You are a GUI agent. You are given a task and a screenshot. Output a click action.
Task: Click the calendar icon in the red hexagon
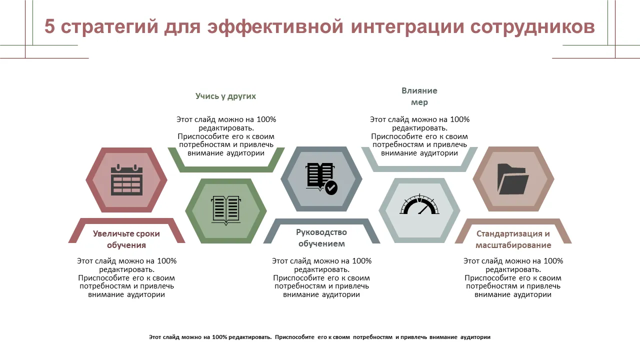point(126,179)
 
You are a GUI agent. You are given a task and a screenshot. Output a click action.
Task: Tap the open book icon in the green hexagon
point(225,210)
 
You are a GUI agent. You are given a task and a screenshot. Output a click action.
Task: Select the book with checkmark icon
point(321,178)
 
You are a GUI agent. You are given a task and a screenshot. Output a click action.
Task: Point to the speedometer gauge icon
point(419,204)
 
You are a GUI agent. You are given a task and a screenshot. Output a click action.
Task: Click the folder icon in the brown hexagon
point(513,179)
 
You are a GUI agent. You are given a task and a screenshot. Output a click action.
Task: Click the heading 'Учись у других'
point(225,96)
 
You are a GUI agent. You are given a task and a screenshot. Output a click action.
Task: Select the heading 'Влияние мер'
point(419,96)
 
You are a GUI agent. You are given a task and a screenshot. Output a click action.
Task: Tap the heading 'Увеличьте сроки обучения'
point(126,239)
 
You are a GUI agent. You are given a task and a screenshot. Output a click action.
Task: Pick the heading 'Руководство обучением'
point(321,238)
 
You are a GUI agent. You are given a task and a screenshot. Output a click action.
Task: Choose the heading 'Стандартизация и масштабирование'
point(513,239)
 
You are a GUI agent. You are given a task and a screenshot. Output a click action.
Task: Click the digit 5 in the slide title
point(49,26)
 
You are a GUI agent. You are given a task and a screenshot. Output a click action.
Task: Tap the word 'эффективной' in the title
point(275,26)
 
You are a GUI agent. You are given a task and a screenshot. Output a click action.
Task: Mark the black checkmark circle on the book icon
point(331,188)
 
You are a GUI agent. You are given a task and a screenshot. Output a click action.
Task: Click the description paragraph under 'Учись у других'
point(226,136)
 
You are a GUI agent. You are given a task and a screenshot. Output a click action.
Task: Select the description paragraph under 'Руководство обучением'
point(321,277)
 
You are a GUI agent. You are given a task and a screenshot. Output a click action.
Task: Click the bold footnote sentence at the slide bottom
point(319,337)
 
